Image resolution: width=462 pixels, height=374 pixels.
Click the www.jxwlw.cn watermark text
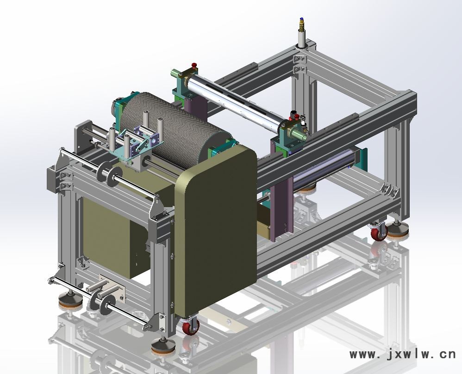402,354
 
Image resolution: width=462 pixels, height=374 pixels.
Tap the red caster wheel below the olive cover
190,327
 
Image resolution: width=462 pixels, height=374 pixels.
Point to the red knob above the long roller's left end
194,65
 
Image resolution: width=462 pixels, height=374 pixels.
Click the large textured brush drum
174,129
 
